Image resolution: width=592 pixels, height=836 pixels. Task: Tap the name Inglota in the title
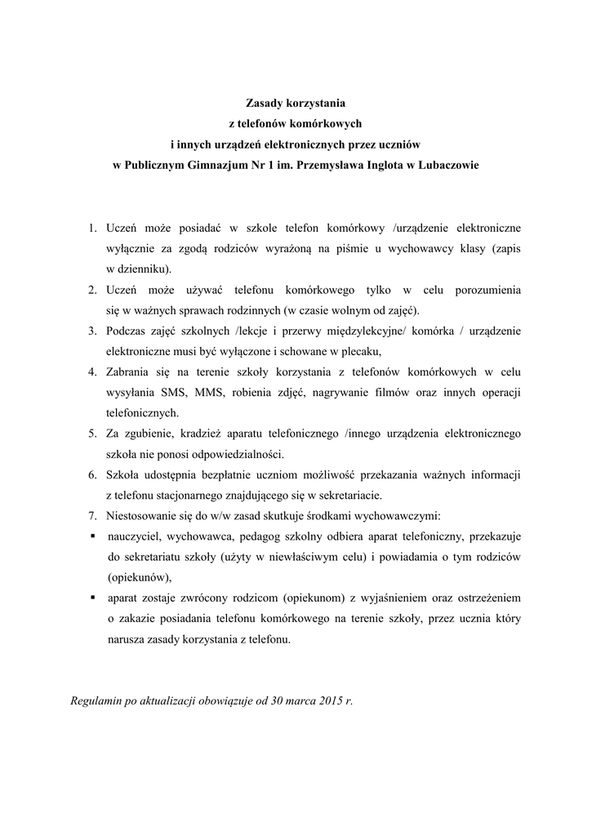[x=380, y=165]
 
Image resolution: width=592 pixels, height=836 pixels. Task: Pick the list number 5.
[x=93, y=432]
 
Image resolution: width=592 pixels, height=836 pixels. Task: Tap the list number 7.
[x=93, y=516]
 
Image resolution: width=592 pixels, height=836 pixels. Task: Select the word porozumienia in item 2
[x=484, y=290]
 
